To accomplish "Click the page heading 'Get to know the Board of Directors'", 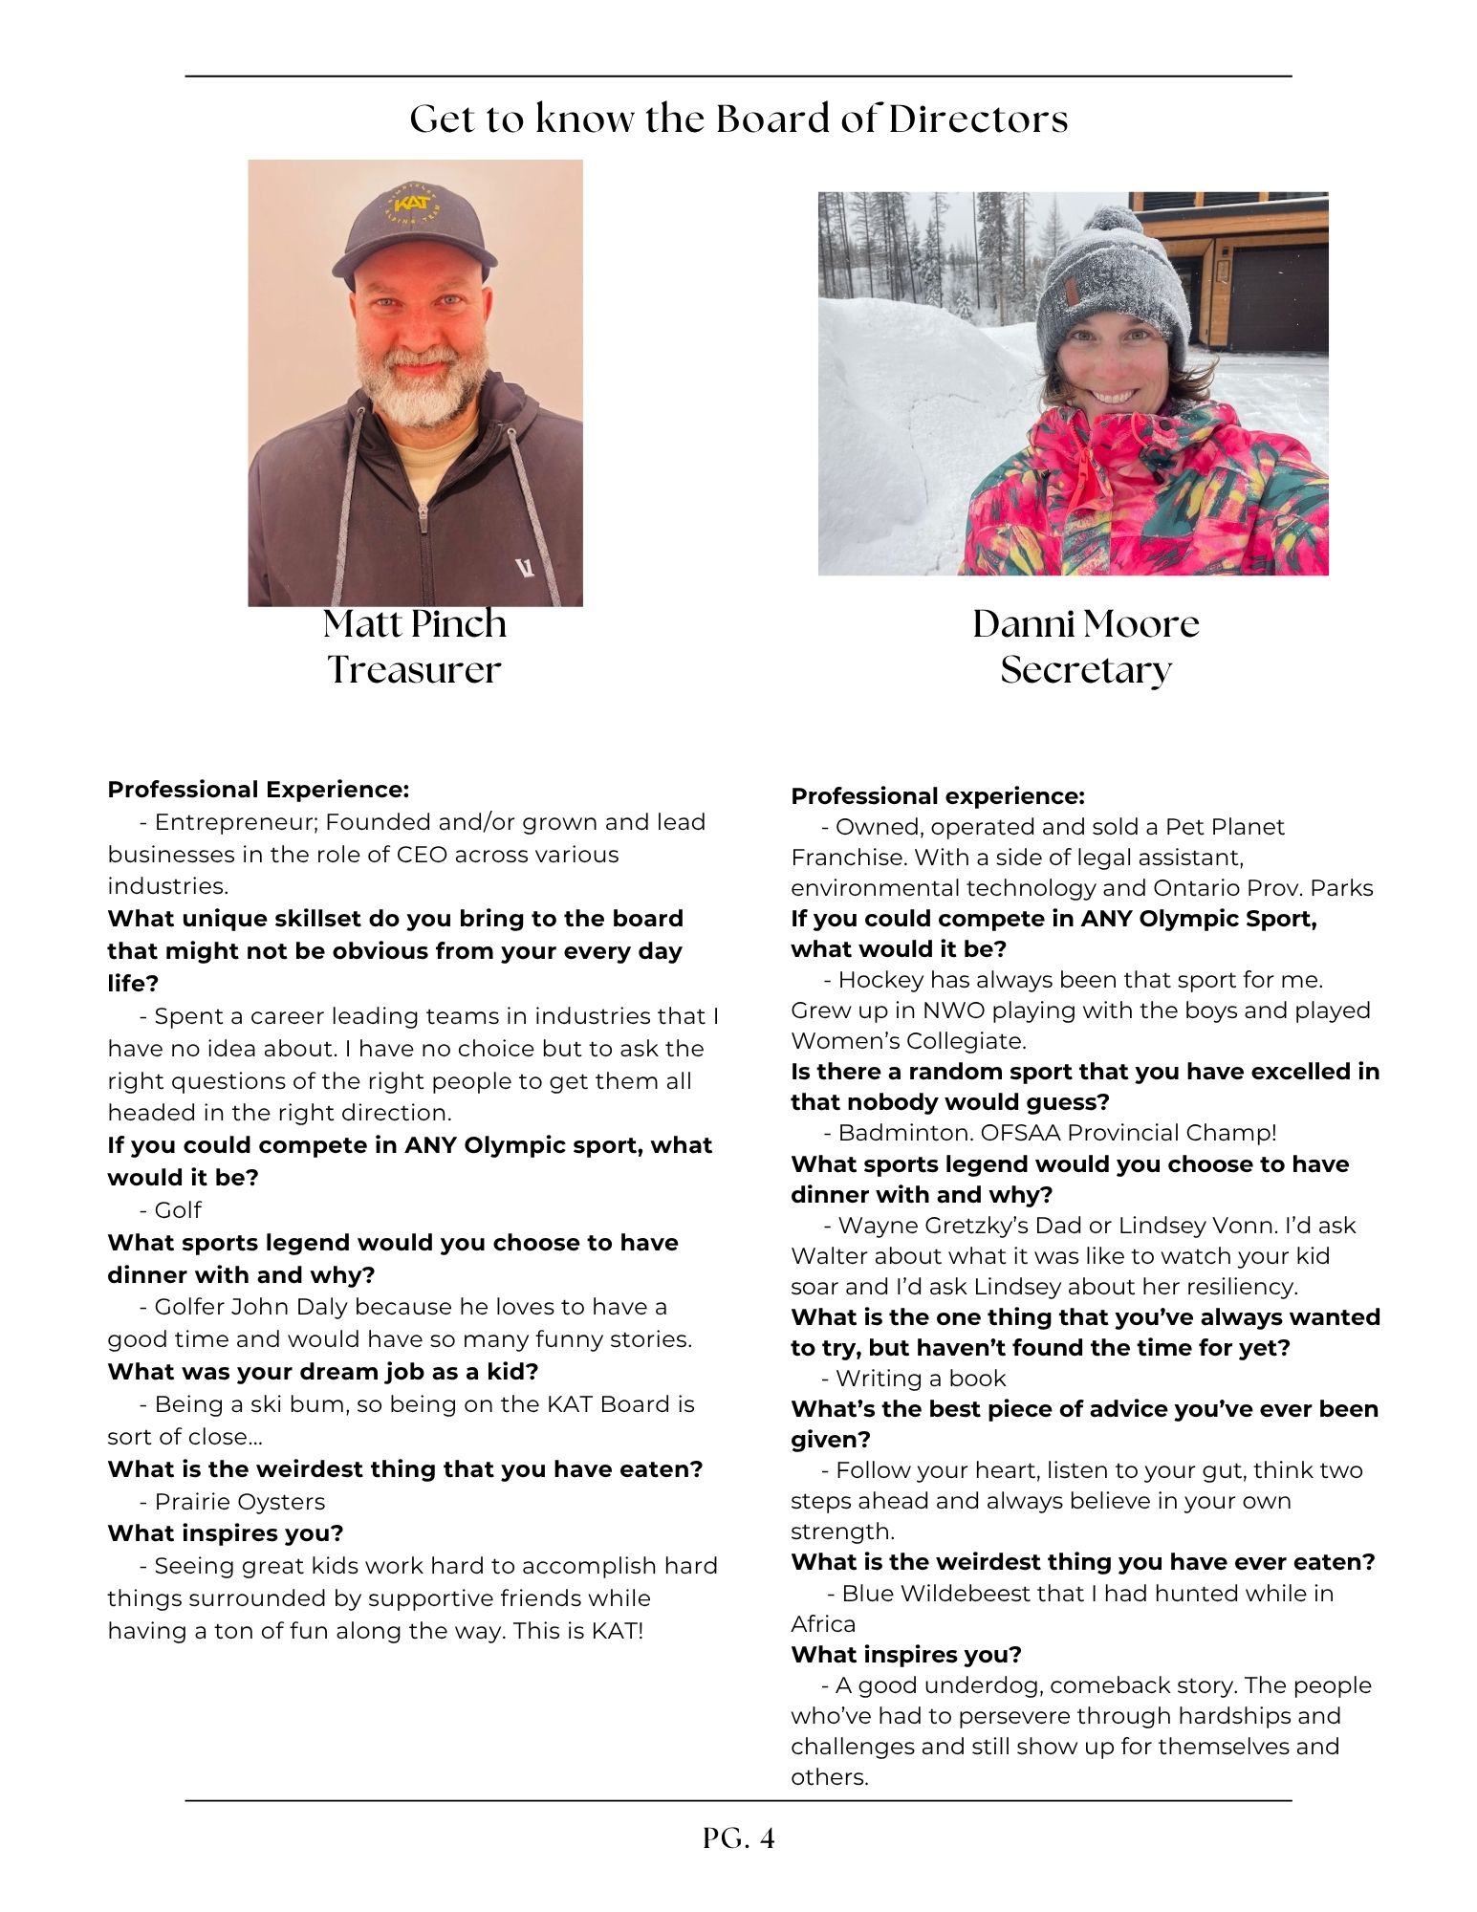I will coord(738,119).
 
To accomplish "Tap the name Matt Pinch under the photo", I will coord(414,624).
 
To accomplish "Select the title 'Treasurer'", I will coord(414,670).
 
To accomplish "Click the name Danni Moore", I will coord(1085,624).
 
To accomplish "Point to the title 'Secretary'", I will coord(1085,670).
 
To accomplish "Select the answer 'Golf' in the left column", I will coord(178,1210).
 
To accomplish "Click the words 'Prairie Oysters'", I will coord(239,1502).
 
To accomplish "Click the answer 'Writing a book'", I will coord(921,1379).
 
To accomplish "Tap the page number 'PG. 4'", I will coord(738,1837).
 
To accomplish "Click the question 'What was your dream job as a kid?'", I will coord(323,1372).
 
